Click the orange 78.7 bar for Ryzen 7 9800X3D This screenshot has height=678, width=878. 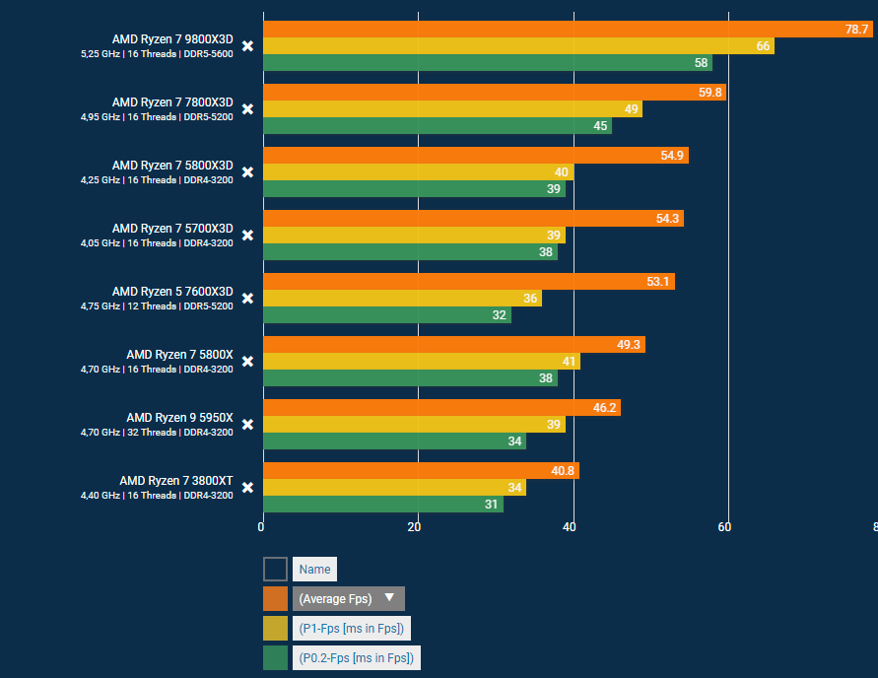[x=567, y=30]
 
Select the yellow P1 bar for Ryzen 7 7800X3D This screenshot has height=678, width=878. [x=451, y=109]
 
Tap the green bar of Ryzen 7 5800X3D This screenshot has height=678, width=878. [x=414, y=189]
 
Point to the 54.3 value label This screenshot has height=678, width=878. [x=667, y=219]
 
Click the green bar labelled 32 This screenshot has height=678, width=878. [x=386, y=315]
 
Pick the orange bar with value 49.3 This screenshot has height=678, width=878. [x=453, y=345]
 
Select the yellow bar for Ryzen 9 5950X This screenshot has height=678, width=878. [x=414, y=425]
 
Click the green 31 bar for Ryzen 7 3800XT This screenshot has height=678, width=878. [x=382, y=505]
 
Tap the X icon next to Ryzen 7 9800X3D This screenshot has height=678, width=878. [x=247, y=46]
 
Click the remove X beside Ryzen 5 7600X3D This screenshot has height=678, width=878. [x=247, y=299]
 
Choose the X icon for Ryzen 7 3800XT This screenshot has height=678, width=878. [x=247, y=488]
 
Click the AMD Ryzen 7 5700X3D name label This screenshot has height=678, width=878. [x=172, y=229]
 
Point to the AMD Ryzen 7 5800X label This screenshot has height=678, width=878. [x=179, y=355]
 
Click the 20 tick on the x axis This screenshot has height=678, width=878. [x=415, y=527]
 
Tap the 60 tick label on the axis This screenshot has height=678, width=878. [x=724, y=527]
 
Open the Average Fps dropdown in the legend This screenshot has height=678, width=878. [x=348, y=598]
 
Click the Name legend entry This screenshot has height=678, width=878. [x=314, y=569]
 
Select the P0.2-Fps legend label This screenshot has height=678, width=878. [x=356, y=657]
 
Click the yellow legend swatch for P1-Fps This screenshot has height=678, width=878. [x=275, y=628]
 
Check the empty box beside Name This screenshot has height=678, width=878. [x=275, y=569]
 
